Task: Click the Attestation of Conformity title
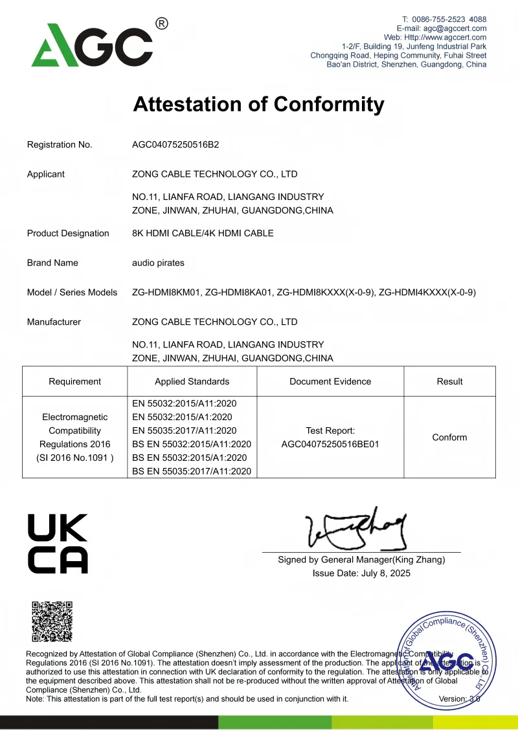click(x=258, y=104)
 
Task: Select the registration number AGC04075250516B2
click(x=175, y=144)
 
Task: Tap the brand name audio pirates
click(x=158, y=263)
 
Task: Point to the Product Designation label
click(x=68, y=233)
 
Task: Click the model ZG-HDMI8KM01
click(x=166, y=293)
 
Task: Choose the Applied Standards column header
click(x=192, y=381)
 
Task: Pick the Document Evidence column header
click(x=330, y=381)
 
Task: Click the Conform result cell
click(x=449, y=438)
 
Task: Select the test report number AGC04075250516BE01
click(x=330, y=444)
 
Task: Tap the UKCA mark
click(x=58, y=544)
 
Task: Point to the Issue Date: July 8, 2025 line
click(x=361, y=573)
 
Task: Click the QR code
click(x=52, y=622)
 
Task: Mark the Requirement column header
click(x=75, y=381)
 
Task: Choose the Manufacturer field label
click(x=54, y=322)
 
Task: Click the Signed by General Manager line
click(x=361, y=560)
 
